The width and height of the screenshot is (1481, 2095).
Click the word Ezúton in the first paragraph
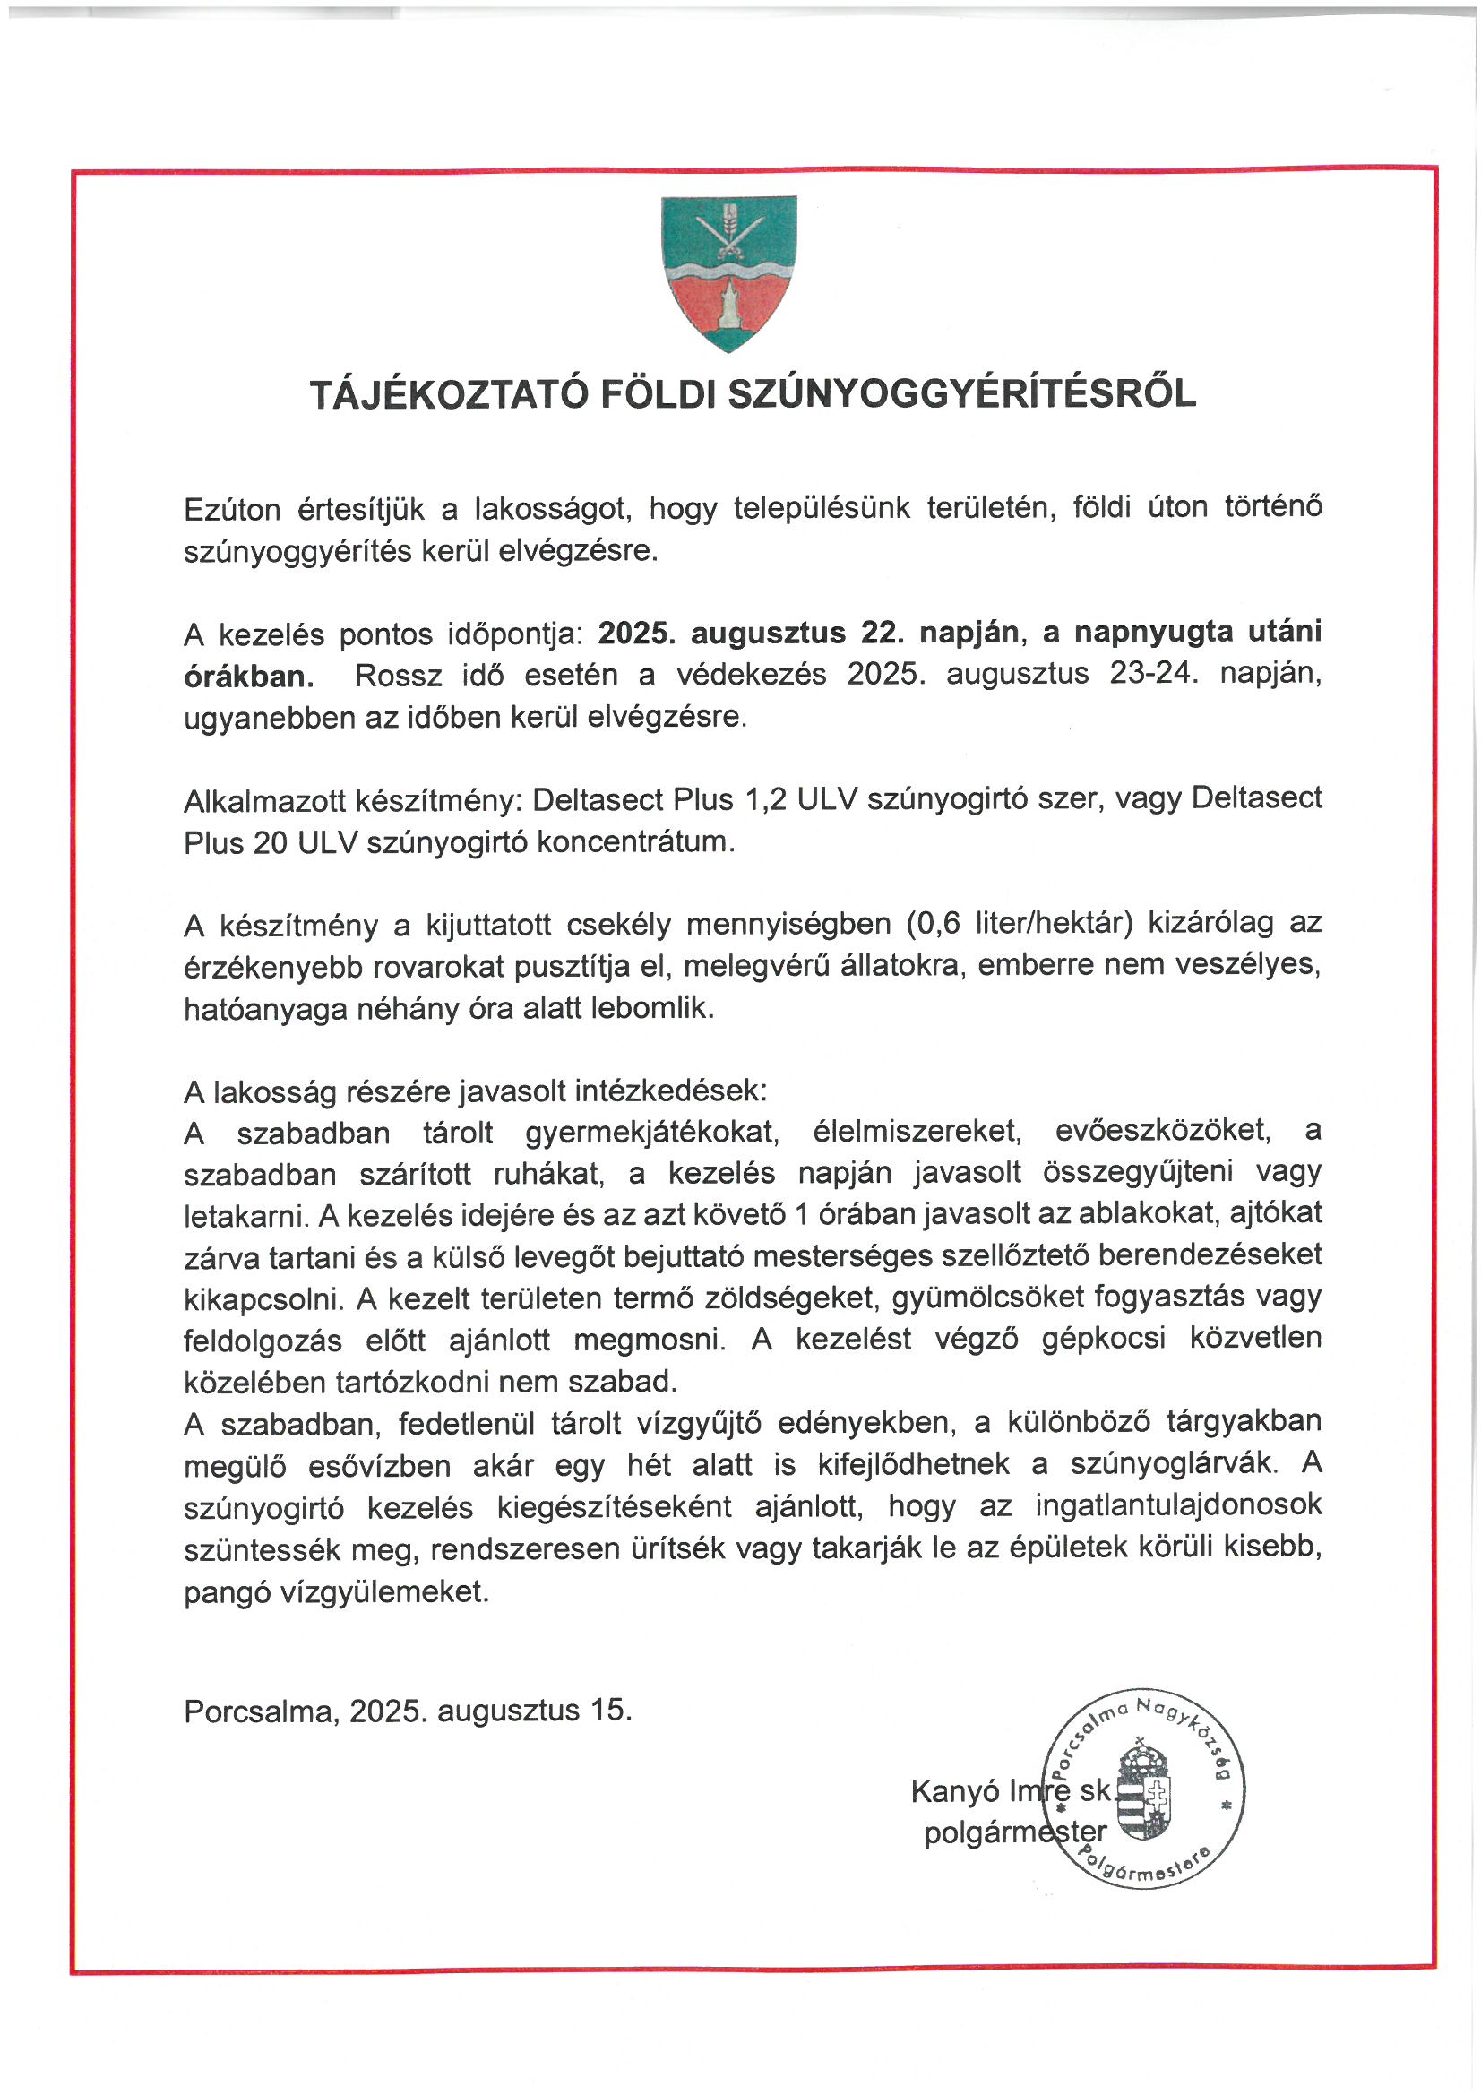click(232, 509)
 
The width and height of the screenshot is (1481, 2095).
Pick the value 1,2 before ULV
click(766, 799)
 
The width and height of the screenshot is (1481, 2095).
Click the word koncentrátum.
click(635, 841)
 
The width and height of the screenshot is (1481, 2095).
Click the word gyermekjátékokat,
click(650, 1133)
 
